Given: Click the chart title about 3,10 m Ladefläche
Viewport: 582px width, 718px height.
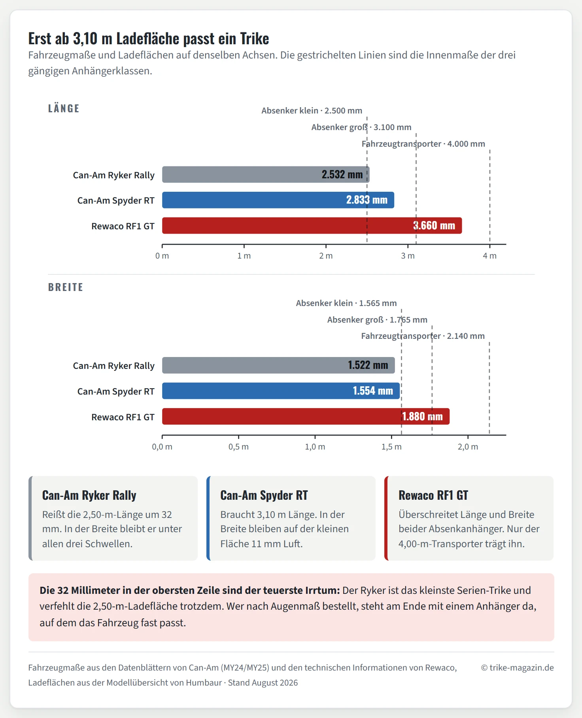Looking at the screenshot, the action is coord(149,39).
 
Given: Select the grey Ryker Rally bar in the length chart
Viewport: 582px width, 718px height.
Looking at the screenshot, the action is coord(266,174).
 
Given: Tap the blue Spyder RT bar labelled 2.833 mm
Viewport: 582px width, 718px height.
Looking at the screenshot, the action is coord(278,200).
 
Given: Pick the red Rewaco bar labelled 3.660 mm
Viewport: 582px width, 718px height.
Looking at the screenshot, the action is coord(312,225).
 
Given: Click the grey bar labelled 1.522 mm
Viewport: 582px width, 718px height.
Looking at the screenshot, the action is coord(278,365).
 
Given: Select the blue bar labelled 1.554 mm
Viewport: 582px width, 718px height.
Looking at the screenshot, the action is coord(281,391).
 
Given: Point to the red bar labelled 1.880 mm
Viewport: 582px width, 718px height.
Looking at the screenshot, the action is coord(306,416).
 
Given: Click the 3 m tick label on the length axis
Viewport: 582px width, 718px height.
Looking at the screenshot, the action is coord(408,256).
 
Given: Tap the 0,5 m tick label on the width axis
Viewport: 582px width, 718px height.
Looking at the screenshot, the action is coord(238,447).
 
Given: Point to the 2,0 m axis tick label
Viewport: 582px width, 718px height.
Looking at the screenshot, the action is coord(468,447).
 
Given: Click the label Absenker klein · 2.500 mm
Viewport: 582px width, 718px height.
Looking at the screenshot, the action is coord(312,111).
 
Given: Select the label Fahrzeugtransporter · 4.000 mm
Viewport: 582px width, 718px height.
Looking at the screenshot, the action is coord(423,144).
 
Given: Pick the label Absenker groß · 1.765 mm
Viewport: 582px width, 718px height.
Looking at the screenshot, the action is coord(377,320).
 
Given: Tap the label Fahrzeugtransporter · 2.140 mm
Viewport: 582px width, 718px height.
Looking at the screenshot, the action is coord(423,336).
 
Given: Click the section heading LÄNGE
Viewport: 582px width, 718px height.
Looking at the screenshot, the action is coord(64,108).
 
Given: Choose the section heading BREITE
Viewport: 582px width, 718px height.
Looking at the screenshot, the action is coord(66,287).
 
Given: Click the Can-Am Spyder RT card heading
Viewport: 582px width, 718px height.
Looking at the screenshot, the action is coord(264,495).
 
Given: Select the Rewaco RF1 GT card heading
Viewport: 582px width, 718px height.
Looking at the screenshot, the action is coord(433,495).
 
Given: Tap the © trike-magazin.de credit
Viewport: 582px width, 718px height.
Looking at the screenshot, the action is coord(517,668).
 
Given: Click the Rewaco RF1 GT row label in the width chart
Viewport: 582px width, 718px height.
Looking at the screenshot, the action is coord(123,417).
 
